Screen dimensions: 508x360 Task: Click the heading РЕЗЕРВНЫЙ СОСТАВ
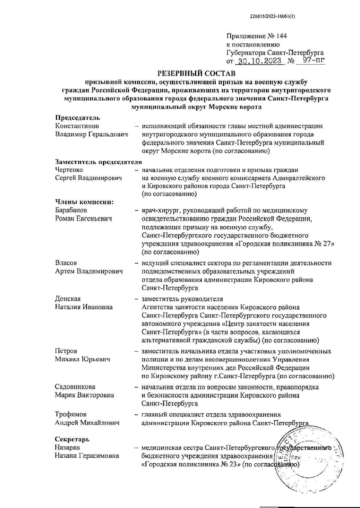196,73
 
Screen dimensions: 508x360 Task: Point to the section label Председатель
77,118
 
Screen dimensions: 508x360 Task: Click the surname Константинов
77,126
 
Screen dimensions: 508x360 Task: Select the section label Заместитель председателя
98,162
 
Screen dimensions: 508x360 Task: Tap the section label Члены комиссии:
84,202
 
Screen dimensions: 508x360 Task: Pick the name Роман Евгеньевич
83,218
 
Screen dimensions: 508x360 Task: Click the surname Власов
66,263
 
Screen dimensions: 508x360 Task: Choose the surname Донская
68,299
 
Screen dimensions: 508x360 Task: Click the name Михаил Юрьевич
82,359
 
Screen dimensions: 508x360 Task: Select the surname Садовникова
75,387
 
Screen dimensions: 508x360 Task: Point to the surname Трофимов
71,414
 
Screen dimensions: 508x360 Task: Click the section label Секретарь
72,439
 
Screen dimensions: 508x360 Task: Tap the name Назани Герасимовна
87,456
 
